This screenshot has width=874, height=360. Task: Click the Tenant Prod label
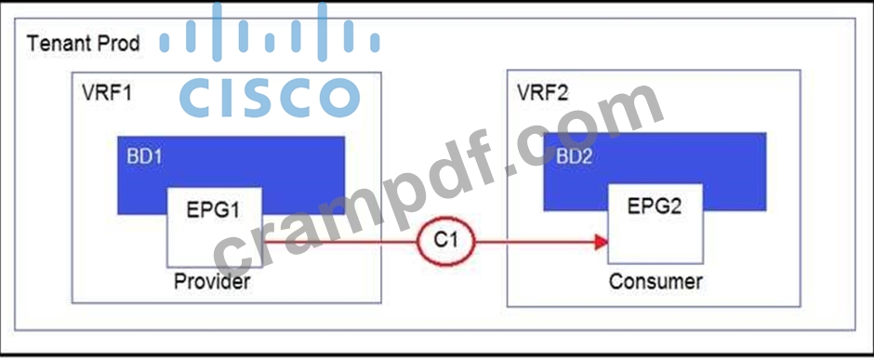pos(83,43)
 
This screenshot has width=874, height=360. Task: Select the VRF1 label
pos(107,92)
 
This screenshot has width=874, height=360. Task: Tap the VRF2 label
pos(542,92)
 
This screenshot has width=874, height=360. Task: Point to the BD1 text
pos(144,156)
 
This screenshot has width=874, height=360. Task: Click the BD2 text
pos(574,156)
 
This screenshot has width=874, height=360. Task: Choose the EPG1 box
pos(215,227)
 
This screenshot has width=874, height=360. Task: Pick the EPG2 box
pos(655,223)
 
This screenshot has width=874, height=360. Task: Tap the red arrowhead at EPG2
pos(601,242)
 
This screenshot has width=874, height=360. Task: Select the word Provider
pos(212,281)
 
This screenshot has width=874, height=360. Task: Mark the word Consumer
pos(655,282)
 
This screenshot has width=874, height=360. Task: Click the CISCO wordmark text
pos(270,98)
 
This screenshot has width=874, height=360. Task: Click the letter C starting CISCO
pos(198,98)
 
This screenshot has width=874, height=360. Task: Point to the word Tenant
pos(59,43)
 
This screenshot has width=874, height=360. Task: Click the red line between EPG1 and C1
pos(340,242)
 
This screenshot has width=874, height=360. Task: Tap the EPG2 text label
pos(655,207)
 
